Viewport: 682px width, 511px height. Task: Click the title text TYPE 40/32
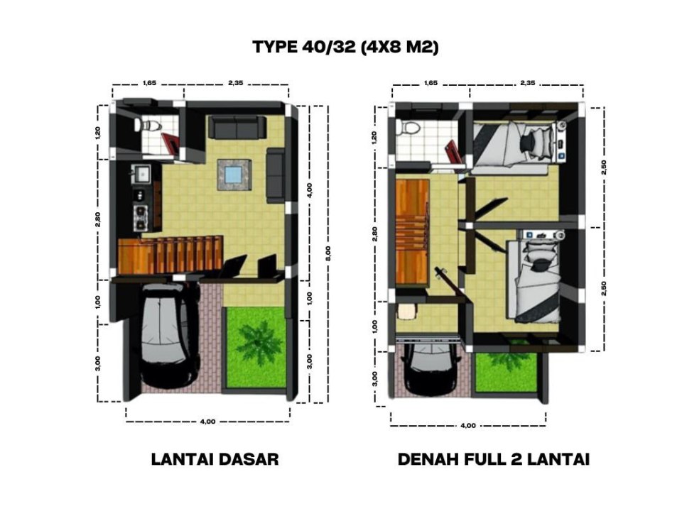pyautogui.click(x=304, y=47)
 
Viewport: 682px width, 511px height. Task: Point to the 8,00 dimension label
pyautogui.click(x=328, y=253)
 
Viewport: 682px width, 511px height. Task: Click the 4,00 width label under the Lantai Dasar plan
pyautogui.click(x=207, y=422)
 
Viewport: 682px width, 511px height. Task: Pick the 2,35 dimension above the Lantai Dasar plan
pyautogui.click(x=236, y=82)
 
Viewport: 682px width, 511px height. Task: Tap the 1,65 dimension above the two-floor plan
pyautogui.click(x=431, y=82)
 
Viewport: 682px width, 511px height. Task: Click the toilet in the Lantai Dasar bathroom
pyautogui.click(x=148, y=125)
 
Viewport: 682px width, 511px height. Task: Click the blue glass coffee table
pyautogui.click(x=234, y=175)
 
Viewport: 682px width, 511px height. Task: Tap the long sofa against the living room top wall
pyautogui.click(x=237, y=127)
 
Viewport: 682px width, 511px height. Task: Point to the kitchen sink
pyautogui.click(x=141, y=173)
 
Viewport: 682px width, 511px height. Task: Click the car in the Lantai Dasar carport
pyautogui.click(x=166, y=334)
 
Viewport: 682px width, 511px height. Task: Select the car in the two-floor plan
pyautogui.click(x=431, y=369)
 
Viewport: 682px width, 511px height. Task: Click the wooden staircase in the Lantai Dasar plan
pyautogui.click(x=170, y=255)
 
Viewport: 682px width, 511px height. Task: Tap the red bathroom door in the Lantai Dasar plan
pyautogui.click(x=171, y=143)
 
